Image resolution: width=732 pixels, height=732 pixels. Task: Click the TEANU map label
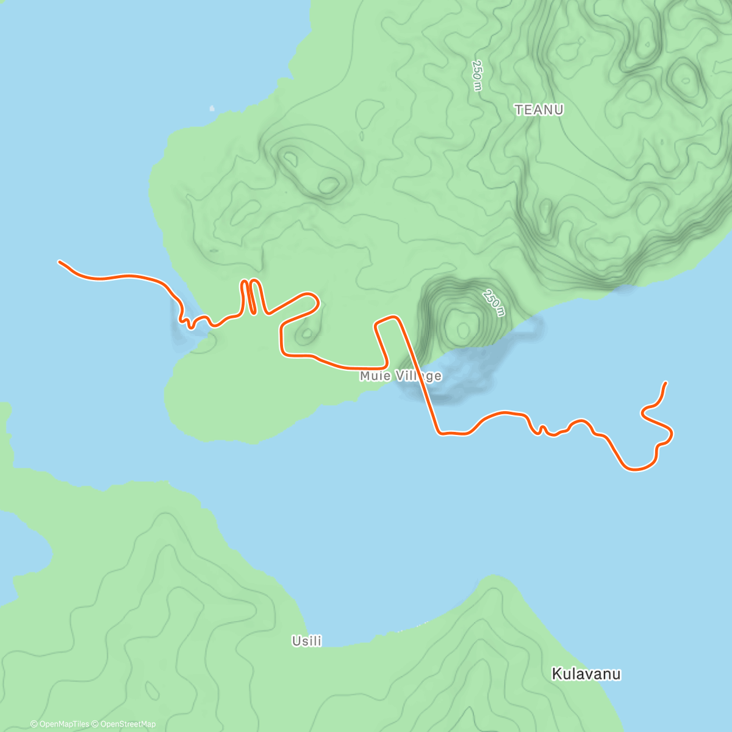coord(539,110)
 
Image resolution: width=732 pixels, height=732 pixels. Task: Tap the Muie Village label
coord(400,376)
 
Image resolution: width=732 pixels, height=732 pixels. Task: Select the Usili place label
coord(307,641)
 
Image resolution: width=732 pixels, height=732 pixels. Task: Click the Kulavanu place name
coord(586,674)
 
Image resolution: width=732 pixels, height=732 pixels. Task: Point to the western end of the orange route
coord(60,262)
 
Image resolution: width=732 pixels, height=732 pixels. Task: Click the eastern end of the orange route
coord(666,382)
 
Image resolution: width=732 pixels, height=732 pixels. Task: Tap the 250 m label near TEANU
coord(477,76)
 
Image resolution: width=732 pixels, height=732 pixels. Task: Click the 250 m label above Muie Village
coord(493,303)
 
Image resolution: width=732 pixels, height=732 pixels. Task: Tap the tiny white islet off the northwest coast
coord(212,109)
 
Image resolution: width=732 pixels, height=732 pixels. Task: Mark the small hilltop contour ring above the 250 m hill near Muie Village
coord(464,330)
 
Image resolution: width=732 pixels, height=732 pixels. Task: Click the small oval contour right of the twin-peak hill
coord(328,185)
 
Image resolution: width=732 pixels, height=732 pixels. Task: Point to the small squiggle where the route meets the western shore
coord(190,321)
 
